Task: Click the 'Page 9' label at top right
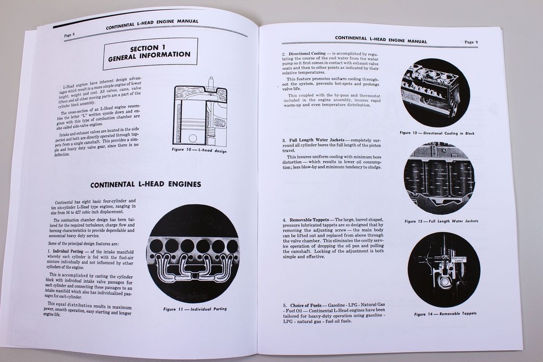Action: (x=471, y=42)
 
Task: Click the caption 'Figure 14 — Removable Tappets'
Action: (x=445, y=313)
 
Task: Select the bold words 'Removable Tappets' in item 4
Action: (x=311, y=219)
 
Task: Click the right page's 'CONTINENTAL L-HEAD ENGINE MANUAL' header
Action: (x=381, y=39)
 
